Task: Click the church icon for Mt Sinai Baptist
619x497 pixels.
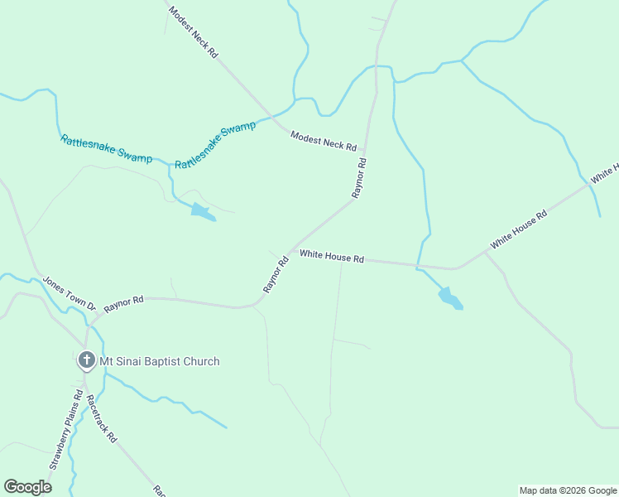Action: pos(86,360)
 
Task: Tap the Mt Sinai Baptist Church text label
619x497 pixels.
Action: pos(160,361)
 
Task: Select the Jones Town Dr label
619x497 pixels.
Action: pos(70,293)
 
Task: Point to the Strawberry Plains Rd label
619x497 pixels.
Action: pos(67,430)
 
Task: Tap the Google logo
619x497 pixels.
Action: pos(27,487)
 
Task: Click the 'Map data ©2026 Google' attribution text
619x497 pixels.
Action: pos(568,490)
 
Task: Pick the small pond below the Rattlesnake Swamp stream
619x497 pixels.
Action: pos(202,212)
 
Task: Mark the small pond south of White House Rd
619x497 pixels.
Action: pos(450,297)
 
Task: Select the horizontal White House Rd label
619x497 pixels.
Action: pos(332,257)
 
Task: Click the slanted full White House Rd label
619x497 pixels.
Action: pos(519,230)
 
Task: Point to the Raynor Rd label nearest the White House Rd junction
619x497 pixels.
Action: pos(276,275)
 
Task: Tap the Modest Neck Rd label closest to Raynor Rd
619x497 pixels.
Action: pos(323,140)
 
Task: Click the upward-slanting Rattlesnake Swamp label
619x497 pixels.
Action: pos(215,146)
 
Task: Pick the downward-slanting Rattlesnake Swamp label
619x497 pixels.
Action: pos(106,149)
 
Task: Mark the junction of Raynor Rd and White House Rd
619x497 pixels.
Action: pos(291,251)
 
